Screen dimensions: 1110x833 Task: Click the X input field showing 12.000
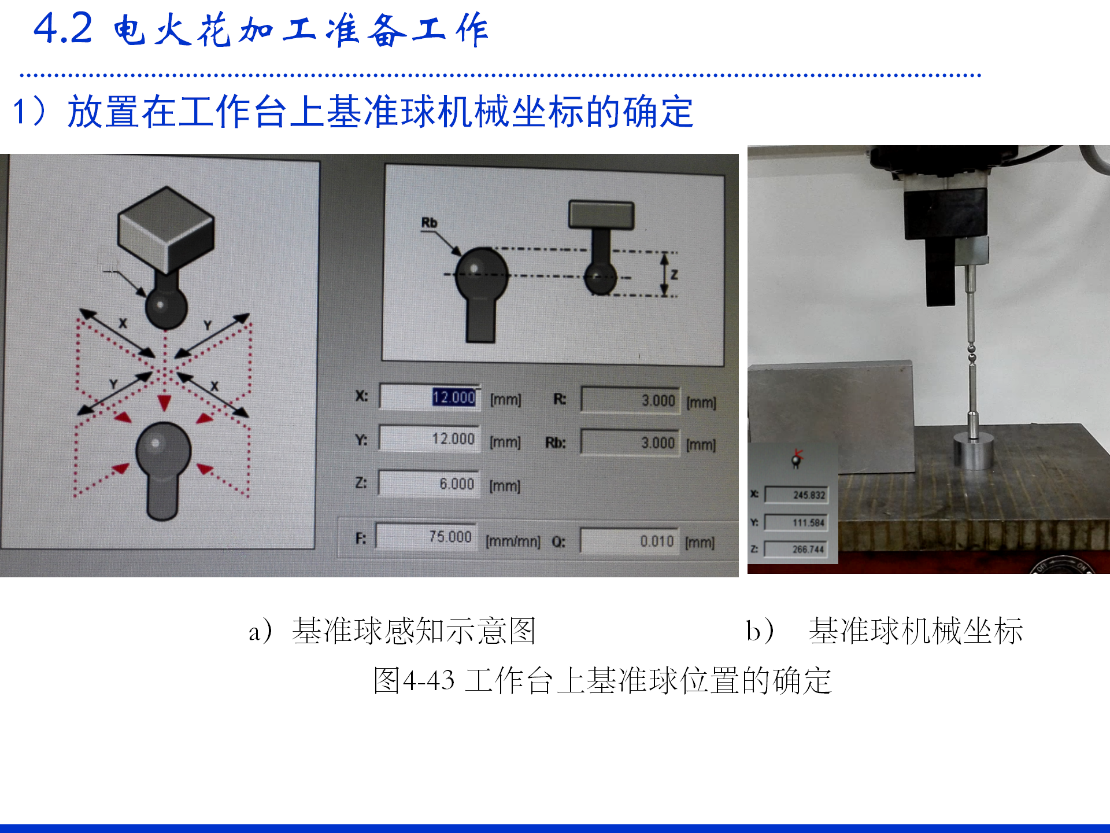[x=430, y=397]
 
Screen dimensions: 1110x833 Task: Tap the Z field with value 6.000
[x=429, y=483]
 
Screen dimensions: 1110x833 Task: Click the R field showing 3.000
[x=630, y=400]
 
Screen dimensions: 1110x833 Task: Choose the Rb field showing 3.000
[x=630, y=443]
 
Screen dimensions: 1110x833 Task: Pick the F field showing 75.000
[x=427, y=536]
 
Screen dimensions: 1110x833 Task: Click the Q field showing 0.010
[x=629, y=541]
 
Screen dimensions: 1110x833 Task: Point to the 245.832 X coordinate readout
[x=796, y=495]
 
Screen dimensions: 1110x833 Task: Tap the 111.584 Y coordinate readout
[x=796, y=522]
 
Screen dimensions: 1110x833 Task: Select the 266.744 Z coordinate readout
[x=795, y=549]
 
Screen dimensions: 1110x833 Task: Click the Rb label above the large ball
[x=429, y=223]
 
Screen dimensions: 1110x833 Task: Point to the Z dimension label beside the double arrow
[x=674, y=275]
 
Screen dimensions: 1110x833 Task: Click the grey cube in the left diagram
[x=166, y=229]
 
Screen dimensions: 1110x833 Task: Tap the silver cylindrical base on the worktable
[x=974, y=451]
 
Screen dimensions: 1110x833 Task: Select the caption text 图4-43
[x=414, y=680]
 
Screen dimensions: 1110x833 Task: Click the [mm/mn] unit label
[x=513, y=541]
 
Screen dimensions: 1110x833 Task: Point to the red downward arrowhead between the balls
[x=165, y=403]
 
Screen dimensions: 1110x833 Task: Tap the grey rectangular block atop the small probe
[x=601, y=215]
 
